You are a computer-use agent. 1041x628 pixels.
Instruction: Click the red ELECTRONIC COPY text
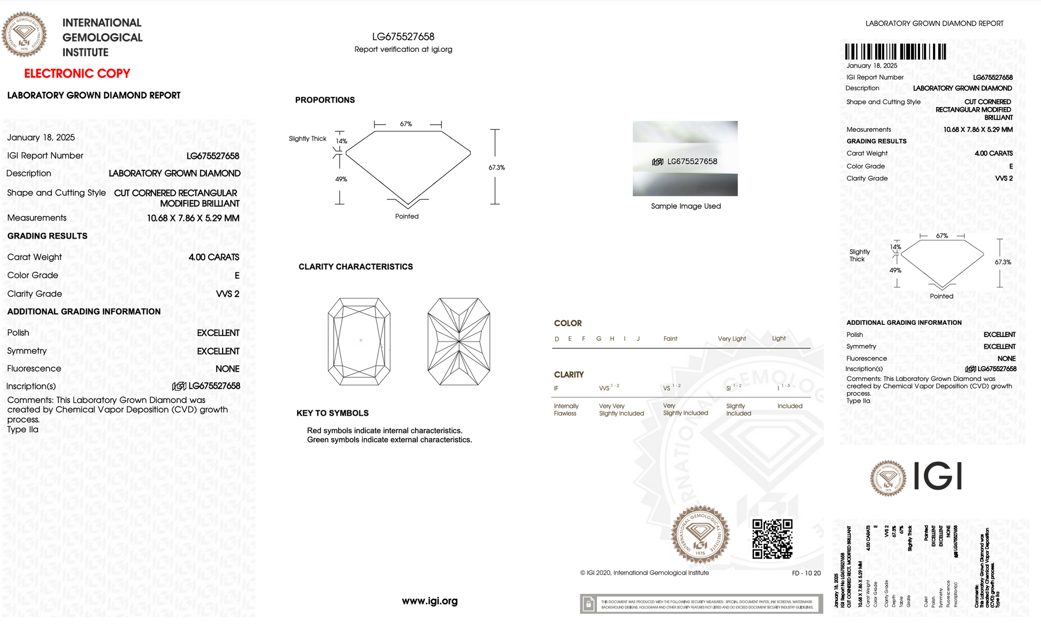pyautogui.click(x=77, y=73)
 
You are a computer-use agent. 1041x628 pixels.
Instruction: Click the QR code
pyautogui.click(x=772, y=539)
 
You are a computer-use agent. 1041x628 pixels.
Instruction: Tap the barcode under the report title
pyautogui.click(x=895, y=52)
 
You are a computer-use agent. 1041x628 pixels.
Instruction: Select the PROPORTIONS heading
pyautogui.click(x=325, y=100)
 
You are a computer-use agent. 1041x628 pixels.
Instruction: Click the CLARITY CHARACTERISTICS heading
pyautogui.click(x=355, y=266)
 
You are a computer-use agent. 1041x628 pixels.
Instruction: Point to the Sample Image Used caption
pyautogui.click(x=686, y=206)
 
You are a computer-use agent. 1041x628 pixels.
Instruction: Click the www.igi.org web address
pyautogui.click(x=430, y=601)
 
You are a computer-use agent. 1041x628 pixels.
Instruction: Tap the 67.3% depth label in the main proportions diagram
pyautogui.click(x=496, y=167)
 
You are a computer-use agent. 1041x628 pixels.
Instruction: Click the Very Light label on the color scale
pyautogui.click(x=731, y=339)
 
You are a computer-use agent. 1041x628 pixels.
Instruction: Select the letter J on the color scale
pyautogui.click(x=638, y=339)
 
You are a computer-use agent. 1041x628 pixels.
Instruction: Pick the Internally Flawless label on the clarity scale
pyautogui.click(x=565, y=410)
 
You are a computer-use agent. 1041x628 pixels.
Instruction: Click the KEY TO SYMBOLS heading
pyautogui.click(x=332, y=413)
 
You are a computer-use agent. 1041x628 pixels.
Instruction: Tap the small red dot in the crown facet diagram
pyautogui.click(x=361, y=340)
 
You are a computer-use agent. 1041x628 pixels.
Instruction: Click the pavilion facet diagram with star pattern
pyautogui.click(x=459, y=341)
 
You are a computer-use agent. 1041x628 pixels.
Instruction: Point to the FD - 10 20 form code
pyautogui.click(x=806, y=573)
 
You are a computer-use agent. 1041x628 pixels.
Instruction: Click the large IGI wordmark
pyautogui.click(x=938, y=476)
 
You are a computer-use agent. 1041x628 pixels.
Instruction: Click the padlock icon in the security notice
pyautogui.click(x=588, y=604)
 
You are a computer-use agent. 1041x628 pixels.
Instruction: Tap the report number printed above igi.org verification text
pyautogui.click(x=403, y=36)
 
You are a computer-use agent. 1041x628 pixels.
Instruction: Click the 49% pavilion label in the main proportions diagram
pyautogui.click(x=341, y=179)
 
